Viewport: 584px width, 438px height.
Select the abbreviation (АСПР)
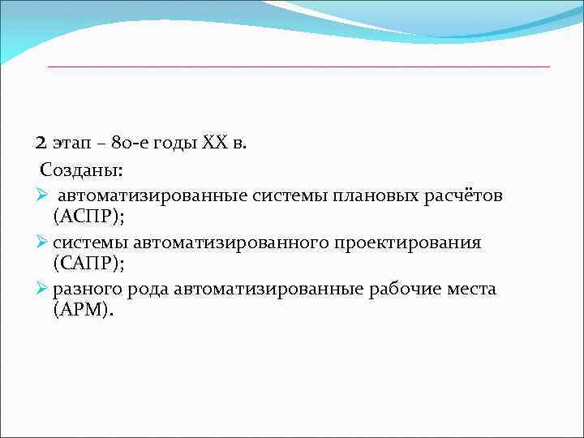point(87,217)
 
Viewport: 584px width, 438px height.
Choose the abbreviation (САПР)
point(87,264)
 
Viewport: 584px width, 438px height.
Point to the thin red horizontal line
point(298,66)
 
